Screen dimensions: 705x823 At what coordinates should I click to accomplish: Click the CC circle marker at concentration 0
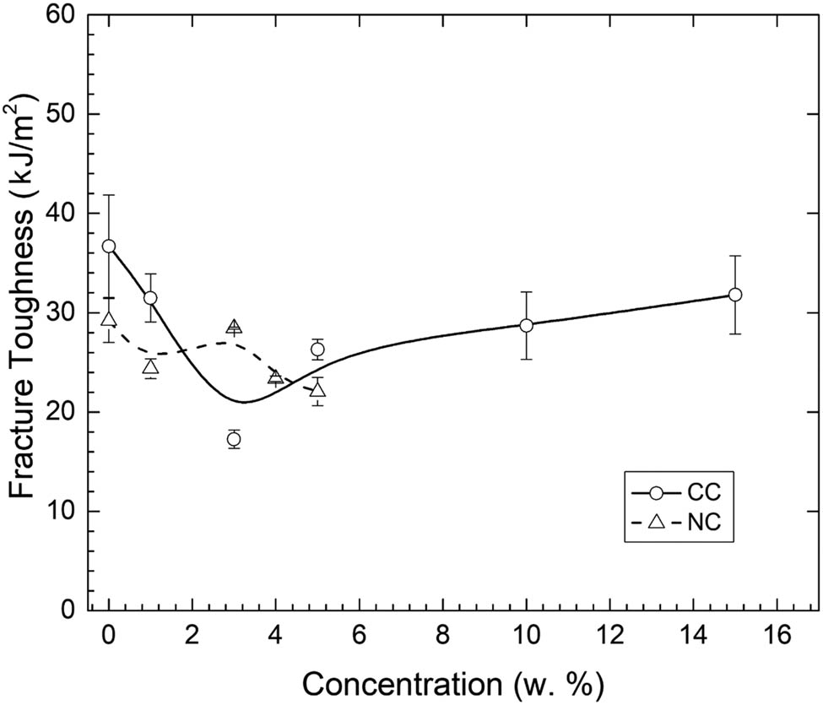click(x=109, y=247)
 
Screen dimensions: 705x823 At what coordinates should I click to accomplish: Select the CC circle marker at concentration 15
click(x=735, y=295)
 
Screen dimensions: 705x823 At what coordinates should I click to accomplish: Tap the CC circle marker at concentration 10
click(x=527, y=325)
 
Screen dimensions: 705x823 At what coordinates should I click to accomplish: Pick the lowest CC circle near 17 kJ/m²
click(x=234, y=439)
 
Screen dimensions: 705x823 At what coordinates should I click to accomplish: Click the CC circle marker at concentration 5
click(x=317, y=350)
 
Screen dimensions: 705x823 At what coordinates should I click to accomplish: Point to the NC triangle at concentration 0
click(x=109, y=319)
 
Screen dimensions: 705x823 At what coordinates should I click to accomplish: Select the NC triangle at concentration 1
click(x=150, y=366)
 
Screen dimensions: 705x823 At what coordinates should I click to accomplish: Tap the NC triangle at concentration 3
click(x=234, y=327)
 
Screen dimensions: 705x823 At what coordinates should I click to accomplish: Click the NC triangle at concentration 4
click(x=275, y=377)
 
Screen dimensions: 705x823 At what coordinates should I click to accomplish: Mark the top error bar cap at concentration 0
click(x=109, y=195)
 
